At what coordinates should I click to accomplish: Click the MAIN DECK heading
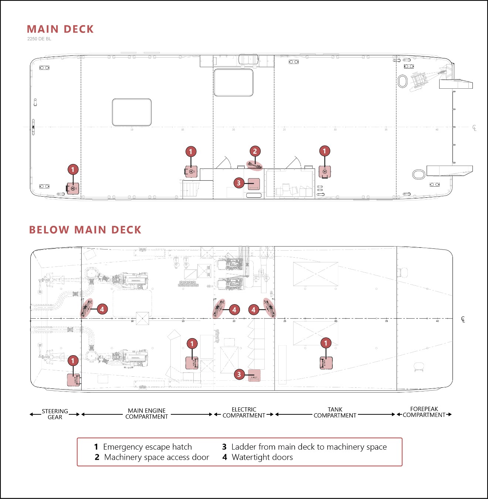click(60, 29)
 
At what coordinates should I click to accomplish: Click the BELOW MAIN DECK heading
click(85, 230)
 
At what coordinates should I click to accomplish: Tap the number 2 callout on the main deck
click(255, 151)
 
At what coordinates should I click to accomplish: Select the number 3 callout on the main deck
click(238, 183)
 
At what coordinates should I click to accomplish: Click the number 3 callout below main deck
click(239, 374)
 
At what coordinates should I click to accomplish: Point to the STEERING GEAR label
click(55, 414)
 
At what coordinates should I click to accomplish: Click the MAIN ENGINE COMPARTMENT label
click(147, 414)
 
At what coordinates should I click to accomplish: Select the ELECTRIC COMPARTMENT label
click(244, 413)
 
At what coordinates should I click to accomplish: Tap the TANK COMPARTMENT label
click(335, 413)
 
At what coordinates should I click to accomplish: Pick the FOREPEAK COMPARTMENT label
click(424, 412)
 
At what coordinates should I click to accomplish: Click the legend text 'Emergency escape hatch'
click(147, 447)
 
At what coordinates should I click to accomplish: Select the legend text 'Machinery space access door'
click(156, 457)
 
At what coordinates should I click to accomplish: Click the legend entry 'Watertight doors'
click(262, 457)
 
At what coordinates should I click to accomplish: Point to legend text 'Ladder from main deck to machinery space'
click(309, 447)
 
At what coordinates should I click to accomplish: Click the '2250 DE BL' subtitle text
click(39, 39)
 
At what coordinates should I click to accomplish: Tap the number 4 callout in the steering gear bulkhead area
click(102, 309)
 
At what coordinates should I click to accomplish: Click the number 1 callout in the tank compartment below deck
click(326, 343)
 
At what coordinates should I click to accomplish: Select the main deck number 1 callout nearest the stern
click(73, 170)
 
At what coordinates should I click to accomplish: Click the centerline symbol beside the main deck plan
click(474, 128)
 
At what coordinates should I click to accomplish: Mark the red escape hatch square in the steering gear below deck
click(73, 380)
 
